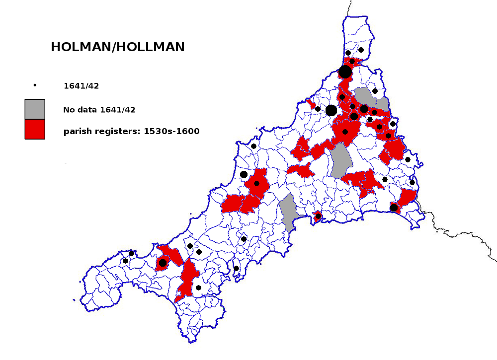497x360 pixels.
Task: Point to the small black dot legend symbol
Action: [35, 85]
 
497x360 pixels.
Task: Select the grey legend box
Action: [35, 109]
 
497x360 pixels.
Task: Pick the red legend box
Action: [35, 129]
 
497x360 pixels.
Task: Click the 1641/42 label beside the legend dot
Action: [81, 86]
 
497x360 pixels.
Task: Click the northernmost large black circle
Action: [345, 72]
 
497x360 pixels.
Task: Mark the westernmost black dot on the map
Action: [125, 261]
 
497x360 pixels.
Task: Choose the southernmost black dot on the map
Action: [198, 288]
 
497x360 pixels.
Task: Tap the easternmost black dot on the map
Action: [412, 182]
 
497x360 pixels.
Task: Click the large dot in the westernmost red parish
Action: [163, 263]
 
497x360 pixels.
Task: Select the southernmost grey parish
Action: [288, 212]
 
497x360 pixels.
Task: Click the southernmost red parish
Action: [186, 283]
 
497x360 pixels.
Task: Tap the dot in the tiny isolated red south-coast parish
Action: [318, 216]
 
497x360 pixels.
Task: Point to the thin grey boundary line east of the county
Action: [462, 233]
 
